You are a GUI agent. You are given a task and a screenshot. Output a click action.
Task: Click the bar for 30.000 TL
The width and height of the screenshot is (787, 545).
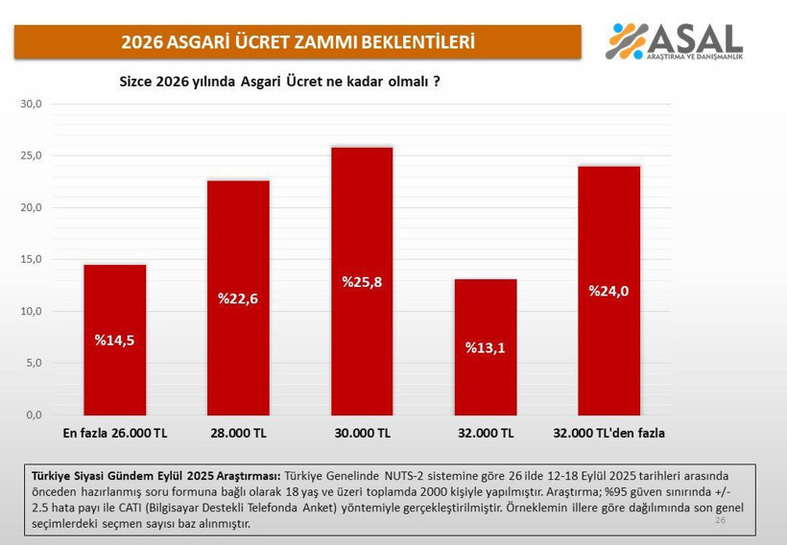point(362,288)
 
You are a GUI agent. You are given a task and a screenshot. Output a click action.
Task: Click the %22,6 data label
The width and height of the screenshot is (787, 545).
point(238,298)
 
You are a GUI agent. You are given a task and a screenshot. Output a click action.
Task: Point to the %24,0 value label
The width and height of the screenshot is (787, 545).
point(608,292)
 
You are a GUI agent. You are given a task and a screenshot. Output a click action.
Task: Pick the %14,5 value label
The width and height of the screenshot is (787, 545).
point(114,340)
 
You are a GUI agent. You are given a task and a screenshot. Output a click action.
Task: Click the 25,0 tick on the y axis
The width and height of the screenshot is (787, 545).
point(32,155)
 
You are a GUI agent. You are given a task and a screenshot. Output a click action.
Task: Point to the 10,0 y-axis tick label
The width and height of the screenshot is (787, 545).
point(32,311)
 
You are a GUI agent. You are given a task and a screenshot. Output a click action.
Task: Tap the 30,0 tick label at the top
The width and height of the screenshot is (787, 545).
point(32,104)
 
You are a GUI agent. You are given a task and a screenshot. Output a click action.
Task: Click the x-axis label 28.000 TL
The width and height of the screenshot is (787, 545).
point(238,434)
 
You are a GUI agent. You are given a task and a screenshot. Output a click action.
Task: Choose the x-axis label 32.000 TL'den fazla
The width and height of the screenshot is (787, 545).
point(608,434)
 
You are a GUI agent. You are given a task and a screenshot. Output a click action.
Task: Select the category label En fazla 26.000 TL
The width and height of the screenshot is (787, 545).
point(115,434)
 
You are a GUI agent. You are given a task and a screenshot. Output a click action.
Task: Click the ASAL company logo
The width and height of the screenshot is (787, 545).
point(675,40)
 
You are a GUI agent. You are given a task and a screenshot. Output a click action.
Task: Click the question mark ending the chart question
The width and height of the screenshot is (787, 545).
point(437,82)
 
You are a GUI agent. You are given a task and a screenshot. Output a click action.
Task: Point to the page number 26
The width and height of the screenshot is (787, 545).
point(720,519)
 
